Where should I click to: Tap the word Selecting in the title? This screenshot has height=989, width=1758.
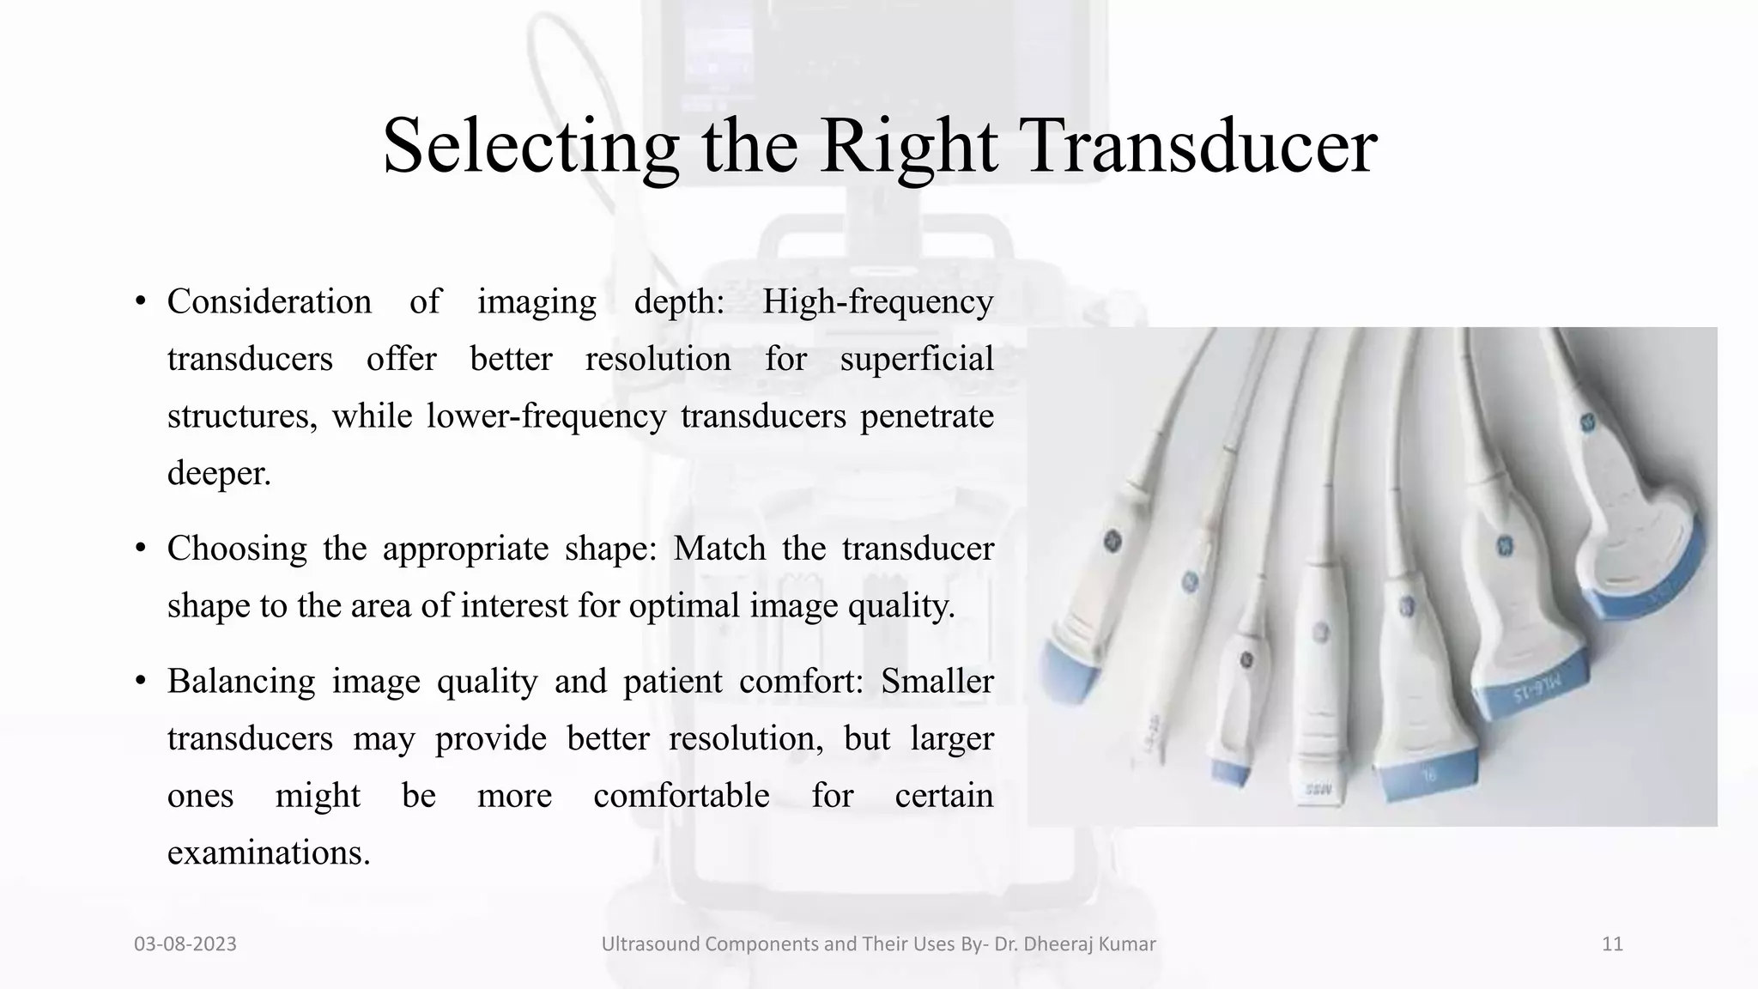530,146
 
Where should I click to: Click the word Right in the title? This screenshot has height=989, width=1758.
908,146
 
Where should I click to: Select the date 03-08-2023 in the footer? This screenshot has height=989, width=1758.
185,943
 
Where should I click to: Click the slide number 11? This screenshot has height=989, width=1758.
1612,943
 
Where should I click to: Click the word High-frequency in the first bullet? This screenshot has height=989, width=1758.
877,301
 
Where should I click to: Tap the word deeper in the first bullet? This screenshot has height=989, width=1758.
218,473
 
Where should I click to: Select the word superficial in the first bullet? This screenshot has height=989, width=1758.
916,359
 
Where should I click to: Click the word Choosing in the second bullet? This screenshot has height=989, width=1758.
236,549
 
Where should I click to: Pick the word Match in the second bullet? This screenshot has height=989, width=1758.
718,548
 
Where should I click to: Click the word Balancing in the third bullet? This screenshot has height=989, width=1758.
240,681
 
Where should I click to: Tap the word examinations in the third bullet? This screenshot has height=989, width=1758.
268,852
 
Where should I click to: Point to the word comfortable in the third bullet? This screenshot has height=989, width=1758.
681,795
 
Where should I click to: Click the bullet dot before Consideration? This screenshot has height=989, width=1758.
140,302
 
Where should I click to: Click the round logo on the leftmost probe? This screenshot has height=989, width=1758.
1112,542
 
